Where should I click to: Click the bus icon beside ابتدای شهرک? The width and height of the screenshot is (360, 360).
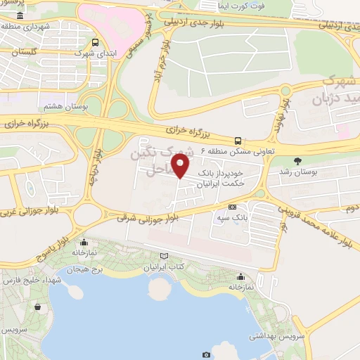[96, 41]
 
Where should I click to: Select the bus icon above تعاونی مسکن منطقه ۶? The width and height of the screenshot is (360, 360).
[238, 140]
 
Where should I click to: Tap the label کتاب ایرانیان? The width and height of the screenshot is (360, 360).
[165, 268]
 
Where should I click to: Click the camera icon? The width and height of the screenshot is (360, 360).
[206, 354]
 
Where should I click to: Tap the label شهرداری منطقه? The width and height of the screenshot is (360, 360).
[35, 27]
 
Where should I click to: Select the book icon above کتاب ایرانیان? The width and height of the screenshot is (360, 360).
[165, 257]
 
